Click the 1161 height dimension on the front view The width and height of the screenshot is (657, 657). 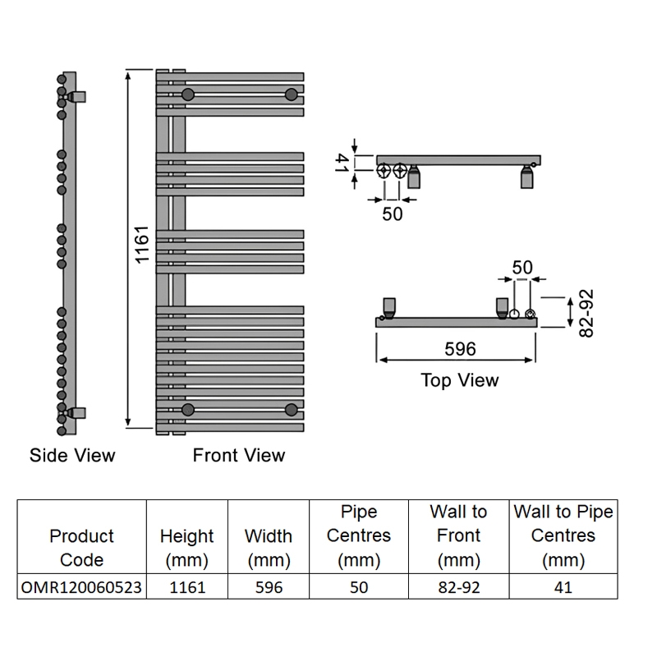142,245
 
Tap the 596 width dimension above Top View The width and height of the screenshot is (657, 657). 460,349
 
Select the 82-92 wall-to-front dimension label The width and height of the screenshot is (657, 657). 586,313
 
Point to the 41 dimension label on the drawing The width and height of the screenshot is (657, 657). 342,163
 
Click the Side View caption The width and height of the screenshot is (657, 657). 72,455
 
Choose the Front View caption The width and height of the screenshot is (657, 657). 239,455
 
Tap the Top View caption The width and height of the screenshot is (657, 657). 460,380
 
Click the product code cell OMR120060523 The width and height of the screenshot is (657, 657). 81,587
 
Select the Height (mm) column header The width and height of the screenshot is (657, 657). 187,548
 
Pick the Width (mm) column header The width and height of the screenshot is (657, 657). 269,548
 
